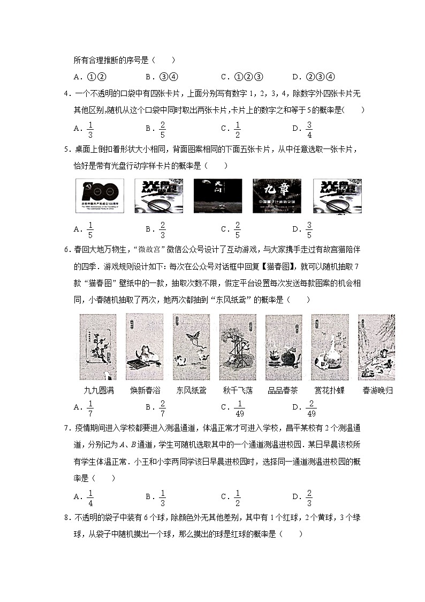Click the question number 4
click(x=66, y=94)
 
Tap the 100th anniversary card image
click(x=100, y=196)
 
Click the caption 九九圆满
click(x=100, y=390)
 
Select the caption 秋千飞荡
click(x=237, y=390)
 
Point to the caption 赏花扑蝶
click(x=330, y=390)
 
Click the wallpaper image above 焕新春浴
click(x=145, y=347)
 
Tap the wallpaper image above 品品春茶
click(x=284, y=347)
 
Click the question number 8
click(x=66, y=519)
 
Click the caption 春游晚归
click(x=377, y=390)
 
